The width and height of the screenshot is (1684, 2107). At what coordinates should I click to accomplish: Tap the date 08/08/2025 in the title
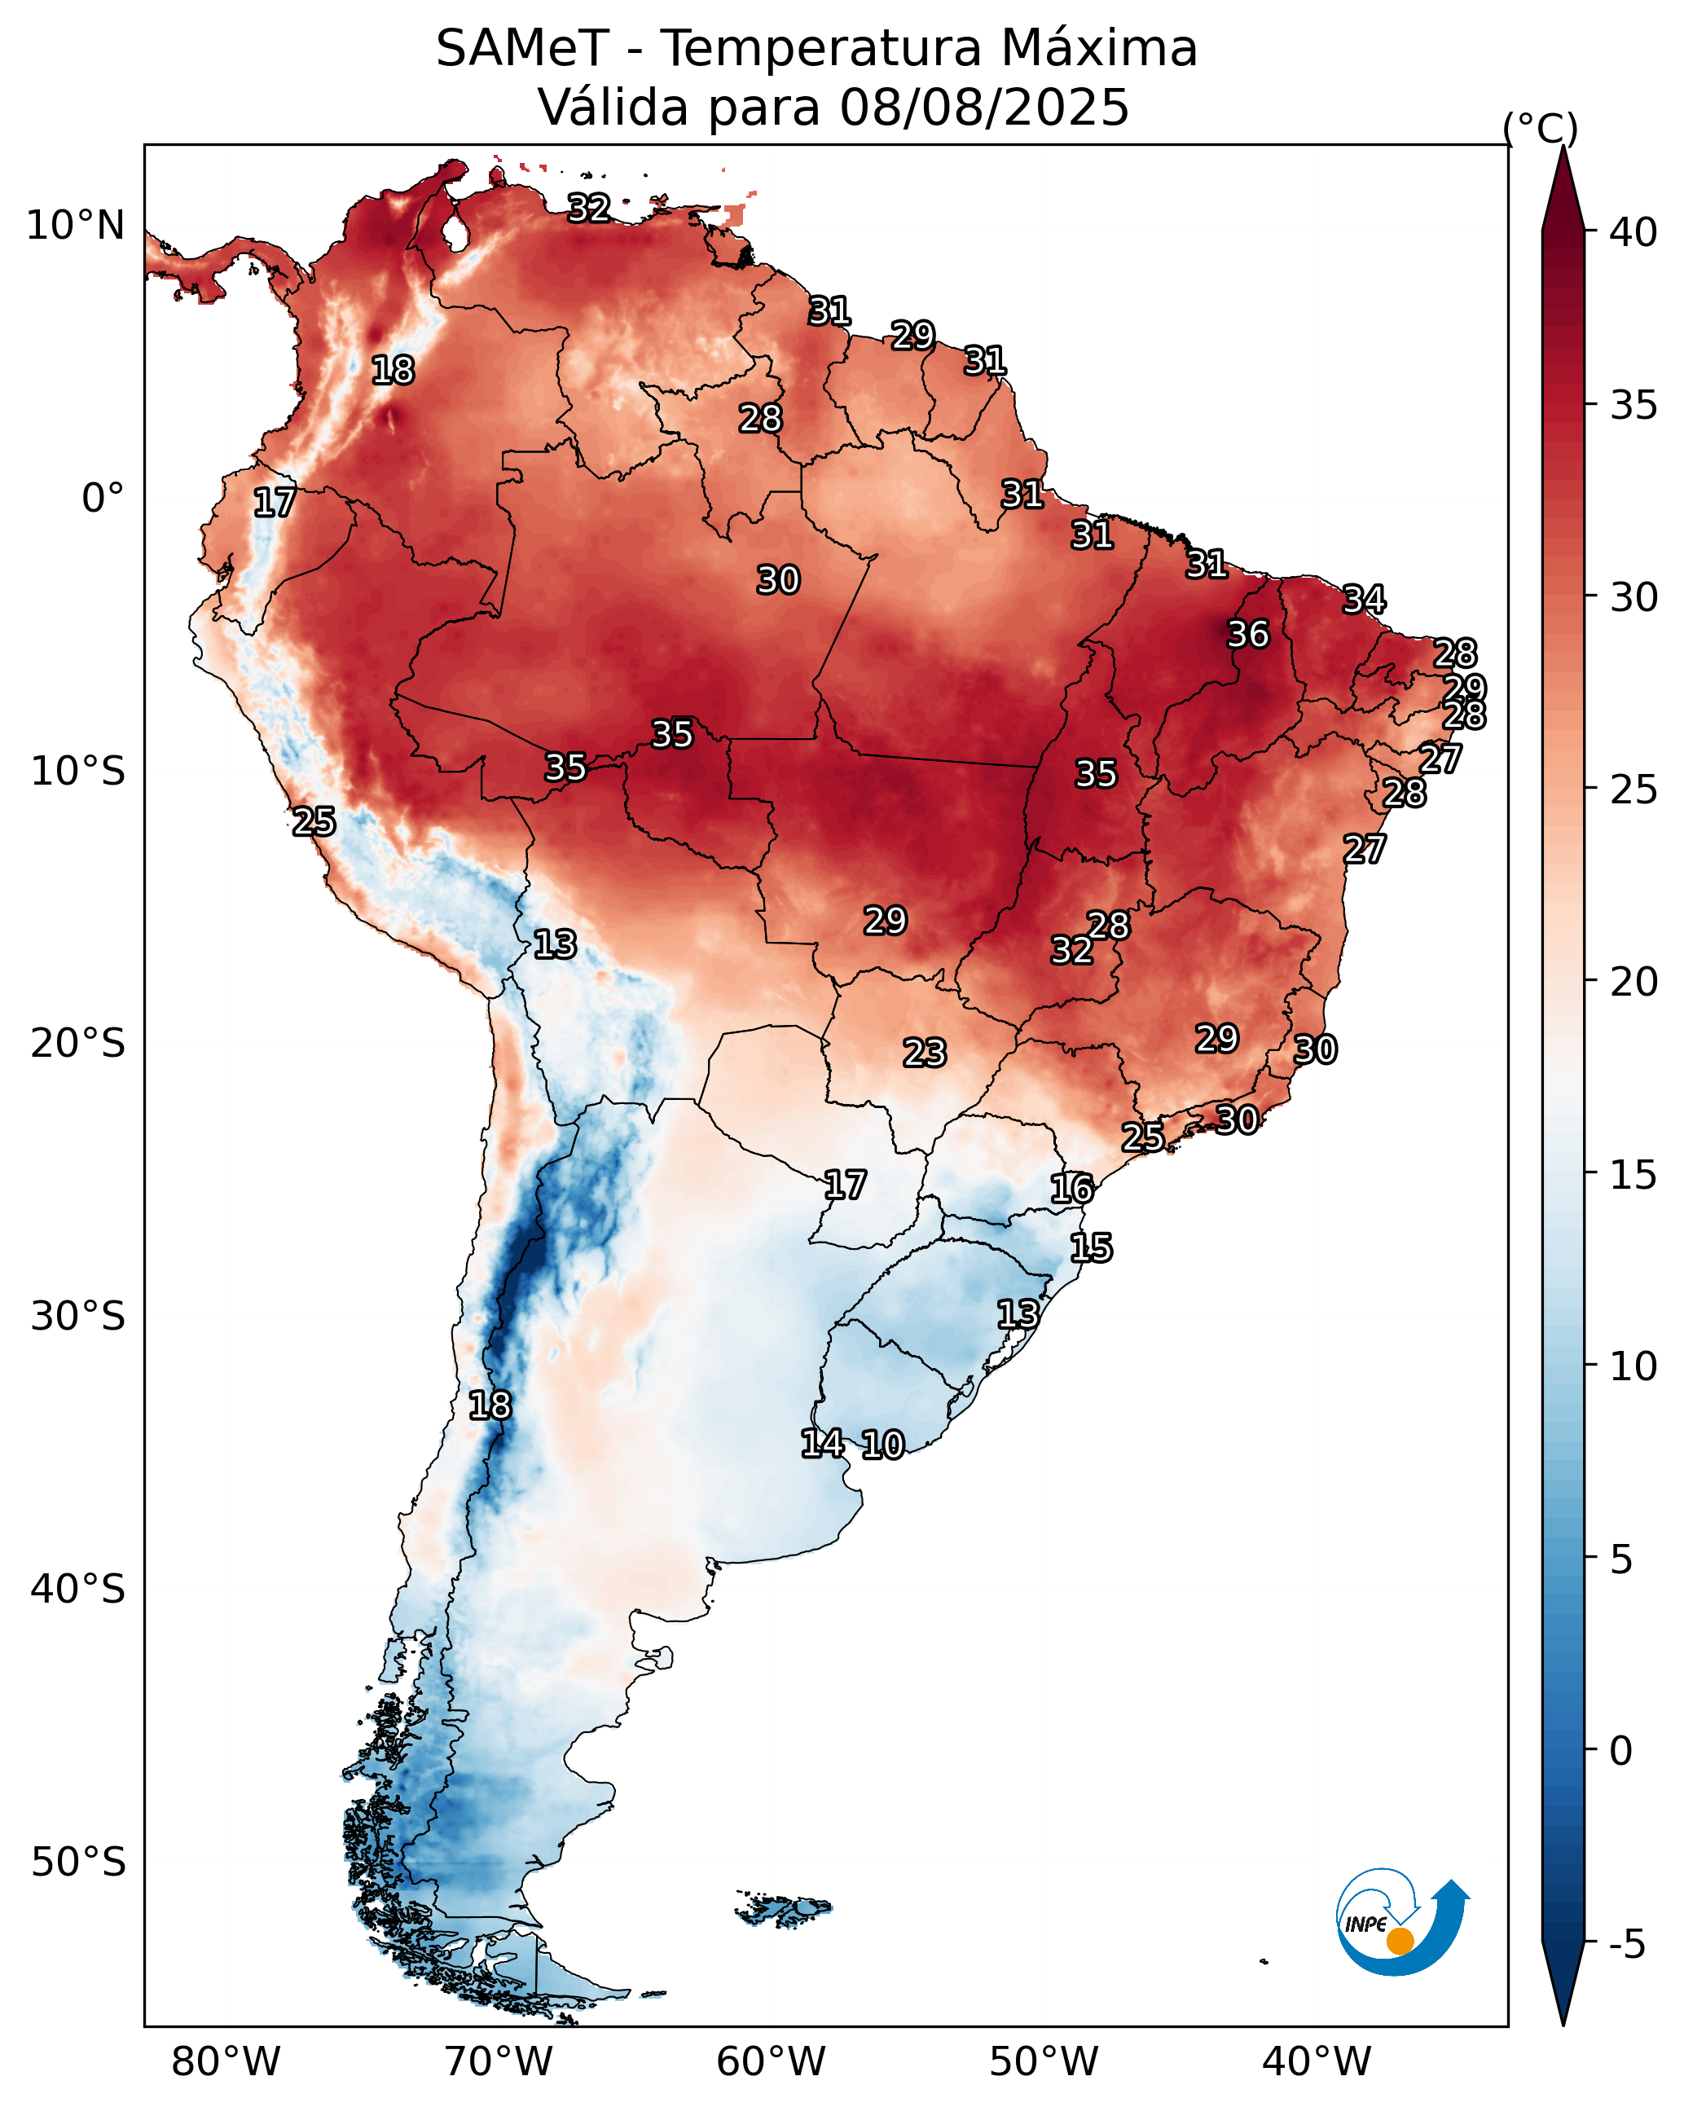click(x=984, y=108)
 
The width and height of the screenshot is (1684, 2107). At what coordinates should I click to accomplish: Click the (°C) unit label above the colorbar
click(x=1539, y=128)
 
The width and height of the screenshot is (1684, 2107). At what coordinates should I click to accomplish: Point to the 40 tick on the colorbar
click(x=1633, y=232)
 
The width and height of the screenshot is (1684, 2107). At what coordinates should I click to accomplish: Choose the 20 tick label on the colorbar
click(x=1633, y=981)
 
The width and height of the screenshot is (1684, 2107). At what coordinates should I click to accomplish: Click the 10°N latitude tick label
click(x=75, y=226)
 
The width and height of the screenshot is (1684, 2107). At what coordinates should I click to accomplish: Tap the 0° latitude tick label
click(x=103, y=499)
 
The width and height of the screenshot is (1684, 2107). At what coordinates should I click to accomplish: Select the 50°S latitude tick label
click(x=77, y=1862)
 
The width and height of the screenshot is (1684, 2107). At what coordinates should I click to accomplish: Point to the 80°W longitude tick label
click(x=226, y=2062)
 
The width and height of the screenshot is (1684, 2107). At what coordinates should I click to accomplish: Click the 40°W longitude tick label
click(x=1317, y=2062)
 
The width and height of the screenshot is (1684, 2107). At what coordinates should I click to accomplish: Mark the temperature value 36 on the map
click(x=1248, y=634)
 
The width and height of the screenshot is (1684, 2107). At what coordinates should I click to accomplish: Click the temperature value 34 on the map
click(x=1364, y=599)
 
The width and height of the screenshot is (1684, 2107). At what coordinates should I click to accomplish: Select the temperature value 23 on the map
click(x=924, y=1053)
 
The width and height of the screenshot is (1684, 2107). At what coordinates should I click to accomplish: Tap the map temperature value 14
click(x=822, y=1442)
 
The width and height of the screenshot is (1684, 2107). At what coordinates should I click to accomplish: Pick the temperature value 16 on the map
click(x=1071, y=1189)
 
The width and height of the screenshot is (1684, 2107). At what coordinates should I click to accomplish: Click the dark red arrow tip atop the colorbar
click(x=1563, y=186)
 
